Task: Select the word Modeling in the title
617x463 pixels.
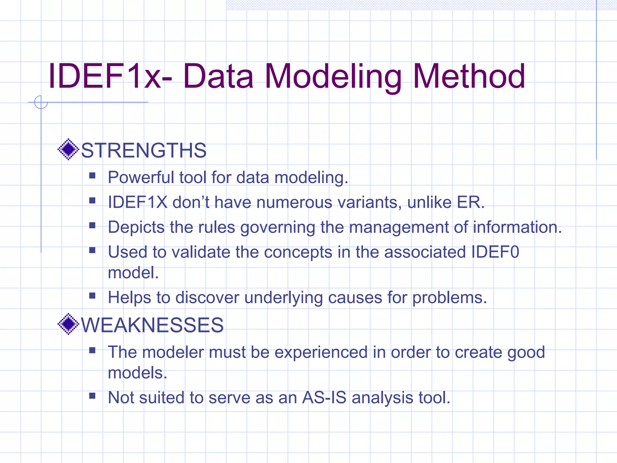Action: pos(333,77)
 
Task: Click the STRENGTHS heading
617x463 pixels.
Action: pos(144,150)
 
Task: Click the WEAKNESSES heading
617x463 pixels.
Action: pos(152,325)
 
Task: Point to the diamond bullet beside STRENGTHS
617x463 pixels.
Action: pos(68,149)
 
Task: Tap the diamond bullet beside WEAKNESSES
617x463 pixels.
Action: pos(68,324)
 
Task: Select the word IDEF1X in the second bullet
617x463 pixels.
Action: pos(137,202)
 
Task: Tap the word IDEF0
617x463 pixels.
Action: pos(495,252)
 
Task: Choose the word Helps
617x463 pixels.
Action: pos(129,298)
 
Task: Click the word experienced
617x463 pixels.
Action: pos(321,352)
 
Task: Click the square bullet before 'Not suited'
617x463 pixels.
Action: pos(92,395)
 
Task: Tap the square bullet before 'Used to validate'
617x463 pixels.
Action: pos(92,250)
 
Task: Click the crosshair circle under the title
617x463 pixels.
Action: pos(41,102)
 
